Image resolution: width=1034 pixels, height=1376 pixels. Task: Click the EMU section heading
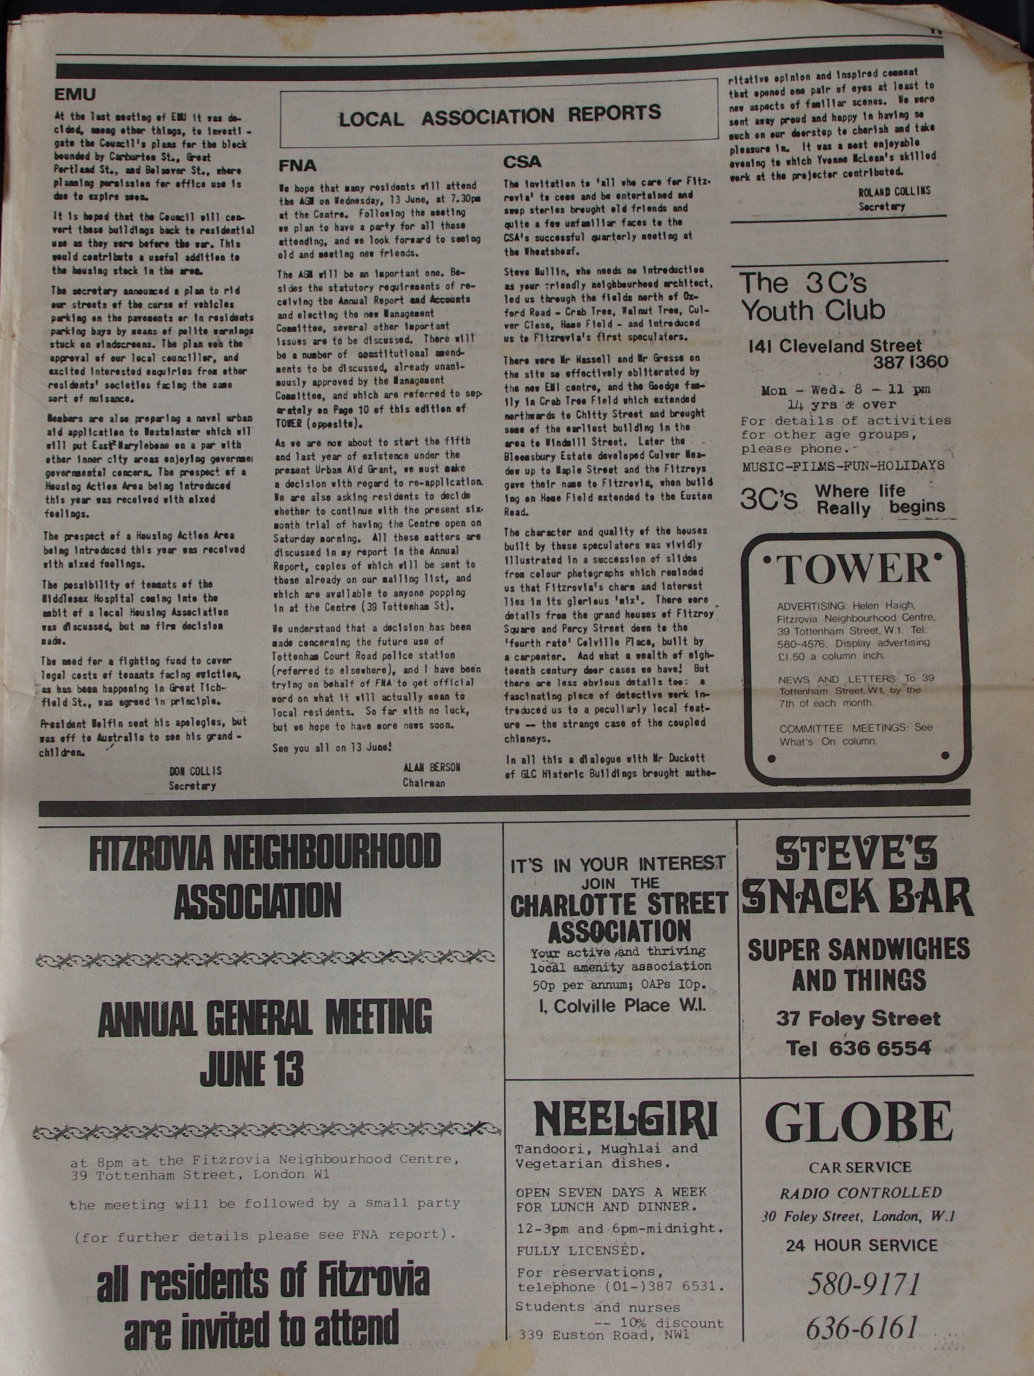click(x=75, y=95)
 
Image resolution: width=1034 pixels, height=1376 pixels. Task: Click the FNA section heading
click(x=297, y=165)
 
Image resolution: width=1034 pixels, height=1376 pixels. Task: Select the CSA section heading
click(x=522, y=162)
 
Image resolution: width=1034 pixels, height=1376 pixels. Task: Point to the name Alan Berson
click(x=431, y=767)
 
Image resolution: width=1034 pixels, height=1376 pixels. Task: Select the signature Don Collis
click(x=195, y=772)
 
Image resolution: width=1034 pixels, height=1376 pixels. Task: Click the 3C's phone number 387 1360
click(x=910, y=363)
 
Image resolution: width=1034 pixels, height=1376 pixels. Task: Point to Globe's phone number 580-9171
click(x=862, y=1284)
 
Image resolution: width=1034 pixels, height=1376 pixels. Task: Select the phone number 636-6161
click(x=862, y=1328)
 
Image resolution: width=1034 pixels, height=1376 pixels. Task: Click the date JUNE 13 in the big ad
click(x=252, y=1069)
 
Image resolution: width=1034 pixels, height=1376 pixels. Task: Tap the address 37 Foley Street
click(x=858, y=1018)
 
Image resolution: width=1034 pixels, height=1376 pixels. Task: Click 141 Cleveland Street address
click(x=836, y=346)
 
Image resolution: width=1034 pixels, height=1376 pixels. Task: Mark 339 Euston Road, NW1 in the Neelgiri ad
click(x=603, y=1335)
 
